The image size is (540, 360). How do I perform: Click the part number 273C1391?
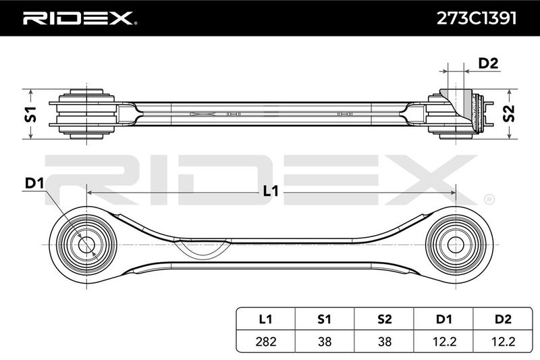477,18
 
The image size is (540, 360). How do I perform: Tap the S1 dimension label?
30,114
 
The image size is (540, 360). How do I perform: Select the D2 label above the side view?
488,63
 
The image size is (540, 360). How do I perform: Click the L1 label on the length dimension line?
271,191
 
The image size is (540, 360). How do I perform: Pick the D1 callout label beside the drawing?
34,184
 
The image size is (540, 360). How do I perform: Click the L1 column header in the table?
265,319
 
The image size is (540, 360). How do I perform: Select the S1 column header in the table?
325,319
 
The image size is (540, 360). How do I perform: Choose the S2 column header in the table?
384,319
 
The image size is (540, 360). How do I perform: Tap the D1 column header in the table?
443,319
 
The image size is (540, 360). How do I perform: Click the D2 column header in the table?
503,319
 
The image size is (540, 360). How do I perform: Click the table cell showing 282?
266,341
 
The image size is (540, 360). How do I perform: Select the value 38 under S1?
325,341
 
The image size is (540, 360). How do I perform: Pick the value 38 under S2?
384,341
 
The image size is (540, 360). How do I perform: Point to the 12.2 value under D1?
443,341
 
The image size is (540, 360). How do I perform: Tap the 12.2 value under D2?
503,341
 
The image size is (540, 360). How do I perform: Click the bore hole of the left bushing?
86,245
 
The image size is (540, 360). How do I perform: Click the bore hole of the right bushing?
456,245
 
